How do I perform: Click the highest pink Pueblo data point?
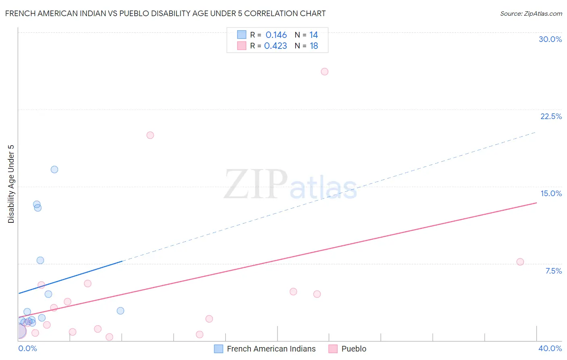(x=325, y=71)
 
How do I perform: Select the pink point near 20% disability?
(x=150, y=135)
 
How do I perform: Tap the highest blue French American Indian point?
(x=54, y=170)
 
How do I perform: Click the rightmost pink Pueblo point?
(x=520, y=262)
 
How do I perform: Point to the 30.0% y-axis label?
(x=550, y=39)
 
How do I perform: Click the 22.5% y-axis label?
(x=551, y=116)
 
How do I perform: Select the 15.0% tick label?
(x=551, y=193)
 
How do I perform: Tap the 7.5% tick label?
(x=553, y=271)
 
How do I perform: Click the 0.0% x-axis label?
(x=28, y=348)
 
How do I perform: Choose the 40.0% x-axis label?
(x=550, y=348)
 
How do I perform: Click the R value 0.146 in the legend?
(x=276, y=35)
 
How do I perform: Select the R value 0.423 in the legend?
(x=275, y=46)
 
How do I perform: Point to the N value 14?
(x=314, y=35)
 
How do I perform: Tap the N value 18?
(x=314, y=46)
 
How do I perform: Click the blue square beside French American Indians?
(x=219, y=349)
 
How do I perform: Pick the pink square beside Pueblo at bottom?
(x=333, y=349)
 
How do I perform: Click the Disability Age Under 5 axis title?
(x=11, y=184)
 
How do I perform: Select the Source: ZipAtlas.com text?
(x=531, y=14)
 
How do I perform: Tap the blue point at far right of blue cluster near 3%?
(x=120, y=311)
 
